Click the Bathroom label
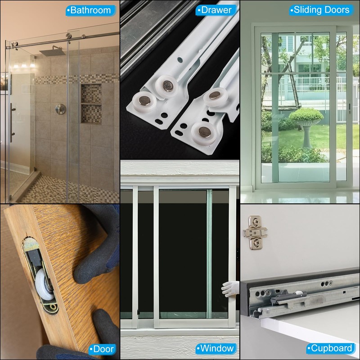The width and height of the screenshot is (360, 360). pyautogui.click(x=91, y=10)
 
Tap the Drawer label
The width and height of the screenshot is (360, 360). pyautogui.click(x=216, y=10)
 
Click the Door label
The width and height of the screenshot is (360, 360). pyautogui.click(x=102, y=349)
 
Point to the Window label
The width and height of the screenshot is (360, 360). pyautogui.click(x=216, y=348)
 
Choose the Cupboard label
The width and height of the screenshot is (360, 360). pyautogui.click(x=331, y=348)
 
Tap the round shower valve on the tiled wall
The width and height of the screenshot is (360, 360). pyautogui.click(x=61, y=109)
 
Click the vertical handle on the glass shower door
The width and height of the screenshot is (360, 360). pyautogui.click(x=12, y=123)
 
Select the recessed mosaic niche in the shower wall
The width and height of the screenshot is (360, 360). pyautogui.click(x=91, y=104)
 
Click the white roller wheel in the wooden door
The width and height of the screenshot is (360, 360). pyautogui.click(x=44, y=284)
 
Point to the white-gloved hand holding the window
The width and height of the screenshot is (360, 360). pyautogui.click(x=230, y=288)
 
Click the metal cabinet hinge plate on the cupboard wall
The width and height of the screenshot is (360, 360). pyautogui.click(x=255, y=232)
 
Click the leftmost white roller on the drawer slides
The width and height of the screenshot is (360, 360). pyautogui.click(x=144, y=101)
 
